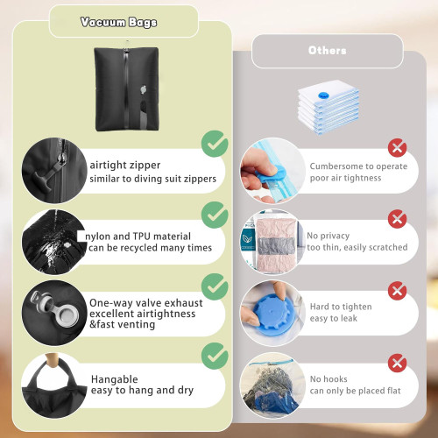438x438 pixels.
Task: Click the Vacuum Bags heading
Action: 118,22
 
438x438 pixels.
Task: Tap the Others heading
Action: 328,51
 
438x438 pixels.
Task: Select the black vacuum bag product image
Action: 126,88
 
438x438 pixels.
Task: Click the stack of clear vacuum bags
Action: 328,107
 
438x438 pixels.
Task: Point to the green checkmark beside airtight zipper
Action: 215,144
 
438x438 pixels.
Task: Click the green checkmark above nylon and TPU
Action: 215,215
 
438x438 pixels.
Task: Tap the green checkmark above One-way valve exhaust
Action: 215,286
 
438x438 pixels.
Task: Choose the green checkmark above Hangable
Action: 215,356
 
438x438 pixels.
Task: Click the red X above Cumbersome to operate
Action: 397,148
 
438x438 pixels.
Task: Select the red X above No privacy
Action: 397,219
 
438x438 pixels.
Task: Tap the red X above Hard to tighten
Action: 397,291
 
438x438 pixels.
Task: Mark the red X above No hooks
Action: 397,363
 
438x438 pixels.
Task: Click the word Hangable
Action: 114,379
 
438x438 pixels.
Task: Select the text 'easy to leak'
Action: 334,318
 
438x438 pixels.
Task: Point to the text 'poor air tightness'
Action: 345,178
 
